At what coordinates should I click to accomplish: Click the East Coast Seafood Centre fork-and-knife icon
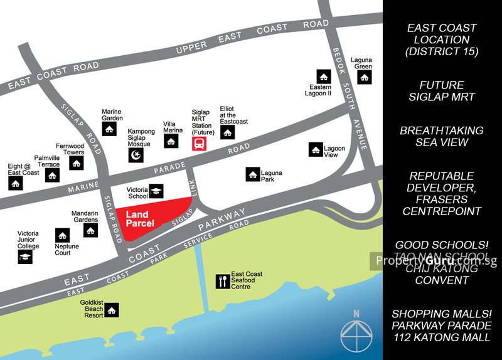pos(222,281)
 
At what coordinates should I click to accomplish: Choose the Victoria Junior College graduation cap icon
pos(24,257)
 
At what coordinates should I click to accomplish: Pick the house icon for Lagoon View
pos(315,149)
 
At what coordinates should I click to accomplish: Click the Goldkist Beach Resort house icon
pos(112,310)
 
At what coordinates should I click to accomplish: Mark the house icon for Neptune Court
pos(61,235)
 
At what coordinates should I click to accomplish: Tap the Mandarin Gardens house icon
pos(90,230)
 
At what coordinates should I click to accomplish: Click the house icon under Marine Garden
pos(110,129)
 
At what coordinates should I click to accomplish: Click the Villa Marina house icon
pos(171,141)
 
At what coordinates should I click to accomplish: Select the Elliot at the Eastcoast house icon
pos(227,132)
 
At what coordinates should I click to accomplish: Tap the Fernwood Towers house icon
pos(77,163)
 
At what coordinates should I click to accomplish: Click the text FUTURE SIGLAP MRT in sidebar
pos(442,91)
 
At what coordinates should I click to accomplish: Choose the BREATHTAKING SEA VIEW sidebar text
pos(442,136)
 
